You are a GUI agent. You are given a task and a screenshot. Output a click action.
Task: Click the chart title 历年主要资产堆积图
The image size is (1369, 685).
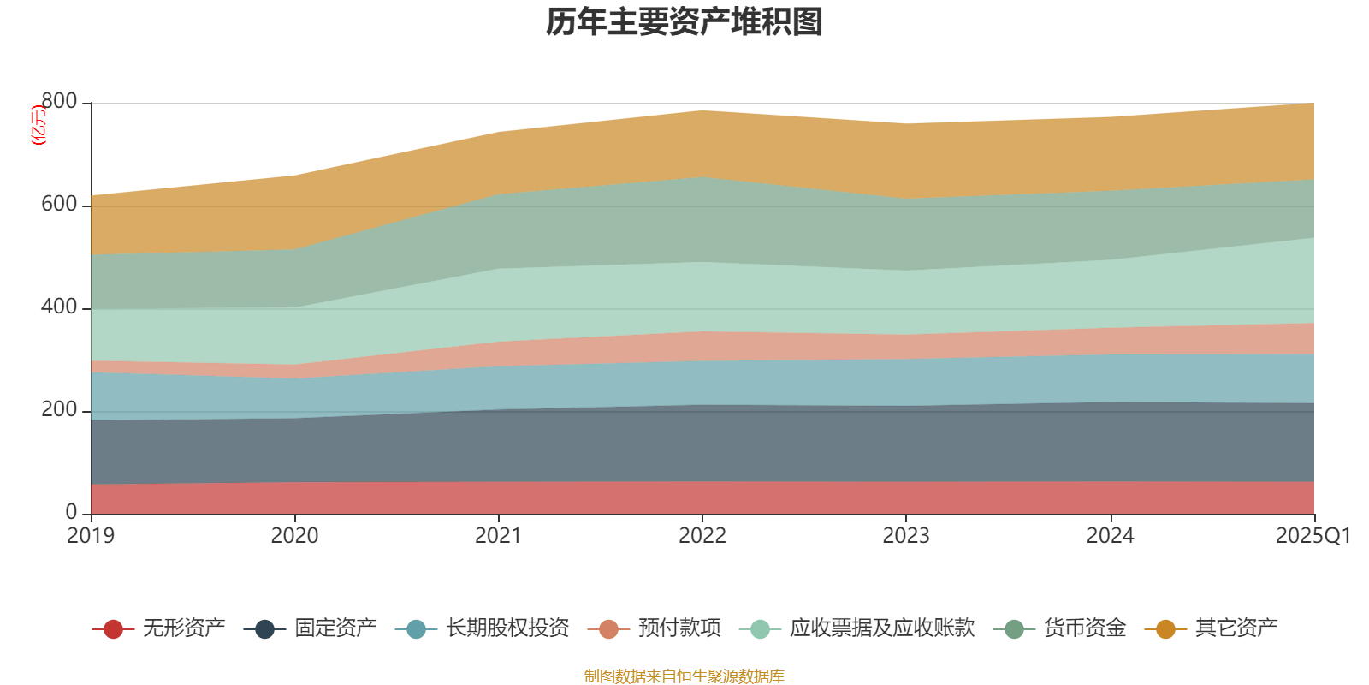coord(684,23)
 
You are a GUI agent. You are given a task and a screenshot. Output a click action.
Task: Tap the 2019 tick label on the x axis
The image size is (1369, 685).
coord(91,536)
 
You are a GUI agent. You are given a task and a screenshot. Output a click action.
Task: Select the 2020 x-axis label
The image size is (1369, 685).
coord(294,536)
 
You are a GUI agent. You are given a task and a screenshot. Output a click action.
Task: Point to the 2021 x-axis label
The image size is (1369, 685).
coord(498,536)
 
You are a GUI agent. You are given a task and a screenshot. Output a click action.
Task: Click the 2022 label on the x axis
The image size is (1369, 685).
coord(702,536)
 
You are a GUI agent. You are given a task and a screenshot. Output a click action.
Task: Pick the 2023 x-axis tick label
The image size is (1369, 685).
coord(906,536)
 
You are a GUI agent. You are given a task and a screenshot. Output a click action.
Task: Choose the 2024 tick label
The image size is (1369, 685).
coord(1110,536)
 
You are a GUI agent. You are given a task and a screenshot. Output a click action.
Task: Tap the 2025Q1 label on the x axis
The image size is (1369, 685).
coord(1313,536)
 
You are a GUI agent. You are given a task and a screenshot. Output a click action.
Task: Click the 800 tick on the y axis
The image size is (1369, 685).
coord(59,102)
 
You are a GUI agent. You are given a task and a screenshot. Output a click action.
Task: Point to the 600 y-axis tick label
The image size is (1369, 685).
coord(59,205)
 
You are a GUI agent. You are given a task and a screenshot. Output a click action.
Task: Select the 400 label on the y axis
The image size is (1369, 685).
coord(59,307)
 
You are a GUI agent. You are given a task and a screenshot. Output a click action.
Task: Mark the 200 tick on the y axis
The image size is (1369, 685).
coord(59,410)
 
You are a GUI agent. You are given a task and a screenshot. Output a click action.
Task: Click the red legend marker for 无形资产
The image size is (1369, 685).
coord(113,629)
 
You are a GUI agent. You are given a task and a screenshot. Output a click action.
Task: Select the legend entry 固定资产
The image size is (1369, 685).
coord(335,628)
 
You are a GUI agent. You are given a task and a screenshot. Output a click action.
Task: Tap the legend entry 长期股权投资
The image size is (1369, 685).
coord(507,628)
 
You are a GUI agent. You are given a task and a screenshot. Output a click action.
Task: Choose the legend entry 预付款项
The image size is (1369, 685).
coord(679,628)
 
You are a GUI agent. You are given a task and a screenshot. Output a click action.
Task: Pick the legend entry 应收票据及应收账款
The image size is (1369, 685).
coord(881,628)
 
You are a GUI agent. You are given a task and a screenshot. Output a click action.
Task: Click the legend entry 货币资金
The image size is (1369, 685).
coord(1084,628)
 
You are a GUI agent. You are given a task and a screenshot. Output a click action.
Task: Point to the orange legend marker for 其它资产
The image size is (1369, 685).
coord(1165,629)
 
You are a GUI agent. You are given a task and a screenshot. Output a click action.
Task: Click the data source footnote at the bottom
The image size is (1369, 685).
coord(684,676)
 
